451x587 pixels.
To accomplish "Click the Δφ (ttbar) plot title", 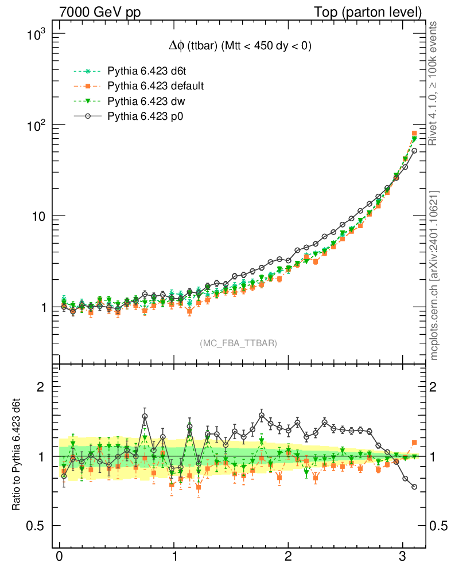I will [x=237, y=46].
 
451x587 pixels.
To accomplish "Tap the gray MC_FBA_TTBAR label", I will [x=239, y=343].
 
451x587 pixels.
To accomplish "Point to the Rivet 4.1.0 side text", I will [x=434, y=83].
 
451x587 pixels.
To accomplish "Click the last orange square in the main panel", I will [x=414, y=134].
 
